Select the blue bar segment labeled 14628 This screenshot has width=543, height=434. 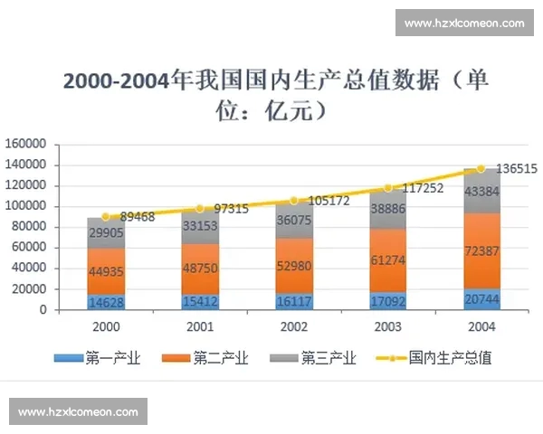pos(106,301)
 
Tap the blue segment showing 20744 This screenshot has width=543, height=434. pos(481,298)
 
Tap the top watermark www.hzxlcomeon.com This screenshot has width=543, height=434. pos(463,23)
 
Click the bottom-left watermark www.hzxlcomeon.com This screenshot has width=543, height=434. pos(78,411)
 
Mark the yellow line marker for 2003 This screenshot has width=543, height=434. pos(388,188)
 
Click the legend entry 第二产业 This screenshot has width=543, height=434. pos(205,358)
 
